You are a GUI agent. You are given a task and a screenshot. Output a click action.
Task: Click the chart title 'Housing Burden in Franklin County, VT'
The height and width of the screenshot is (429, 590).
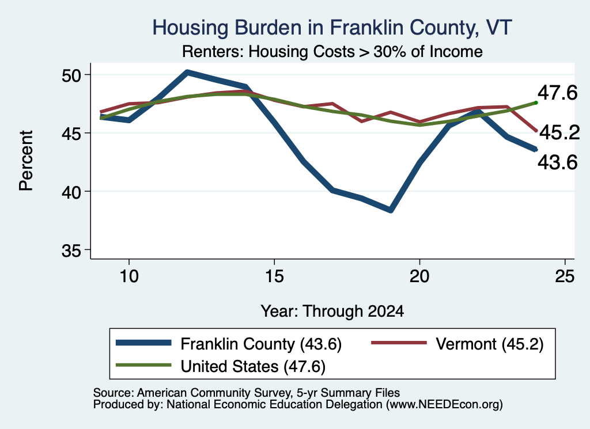click(332, 28)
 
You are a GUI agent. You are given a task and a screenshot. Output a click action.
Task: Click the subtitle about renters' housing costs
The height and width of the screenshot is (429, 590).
click(332, 51)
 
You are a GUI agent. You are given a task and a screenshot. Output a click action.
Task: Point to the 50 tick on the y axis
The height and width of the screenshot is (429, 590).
click(71, 75)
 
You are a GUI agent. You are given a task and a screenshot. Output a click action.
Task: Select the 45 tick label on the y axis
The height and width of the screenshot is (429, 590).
click(71, 134)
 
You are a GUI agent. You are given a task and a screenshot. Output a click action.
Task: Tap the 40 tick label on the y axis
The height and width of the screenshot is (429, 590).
click(71, 192)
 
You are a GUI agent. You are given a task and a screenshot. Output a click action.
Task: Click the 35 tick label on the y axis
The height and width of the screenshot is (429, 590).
click(71, 250)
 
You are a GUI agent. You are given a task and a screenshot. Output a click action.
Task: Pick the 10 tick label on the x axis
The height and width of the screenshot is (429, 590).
click(129, 276)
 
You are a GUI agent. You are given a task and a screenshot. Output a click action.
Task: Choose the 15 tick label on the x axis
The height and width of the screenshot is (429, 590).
click(274, 276)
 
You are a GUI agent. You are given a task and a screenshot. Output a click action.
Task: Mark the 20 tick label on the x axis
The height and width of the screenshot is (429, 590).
click(419, 276)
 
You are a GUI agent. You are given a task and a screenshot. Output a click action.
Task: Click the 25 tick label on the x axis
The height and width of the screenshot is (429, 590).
click(565, 276)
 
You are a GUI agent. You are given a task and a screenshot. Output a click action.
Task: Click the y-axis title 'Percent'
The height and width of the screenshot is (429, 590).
click(27, 161)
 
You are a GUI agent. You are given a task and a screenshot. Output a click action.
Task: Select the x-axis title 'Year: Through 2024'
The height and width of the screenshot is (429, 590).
click(332, 312)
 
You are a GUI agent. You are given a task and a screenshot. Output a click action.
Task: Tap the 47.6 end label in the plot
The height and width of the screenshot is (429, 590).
click(557, 93)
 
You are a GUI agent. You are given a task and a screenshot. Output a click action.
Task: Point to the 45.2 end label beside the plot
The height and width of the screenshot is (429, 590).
click(559, 132)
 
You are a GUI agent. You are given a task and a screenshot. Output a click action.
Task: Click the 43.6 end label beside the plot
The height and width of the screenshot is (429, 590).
click(557, 162)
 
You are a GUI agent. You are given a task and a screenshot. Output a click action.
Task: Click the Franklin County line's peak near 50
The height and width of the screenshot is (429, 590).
click(187, 72)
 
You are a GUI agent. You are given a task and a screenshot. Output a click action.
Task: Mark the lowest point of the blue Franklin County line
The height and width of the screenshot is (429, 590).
click(391, 210)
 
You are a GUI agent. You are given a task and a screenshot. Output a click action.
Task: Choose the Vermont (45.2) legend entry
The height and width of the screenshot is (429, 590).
click(457, 344)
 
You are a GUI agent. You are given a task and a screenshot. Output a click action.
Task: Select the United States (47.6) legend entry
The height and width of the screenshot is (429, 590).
click(221, 367)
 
